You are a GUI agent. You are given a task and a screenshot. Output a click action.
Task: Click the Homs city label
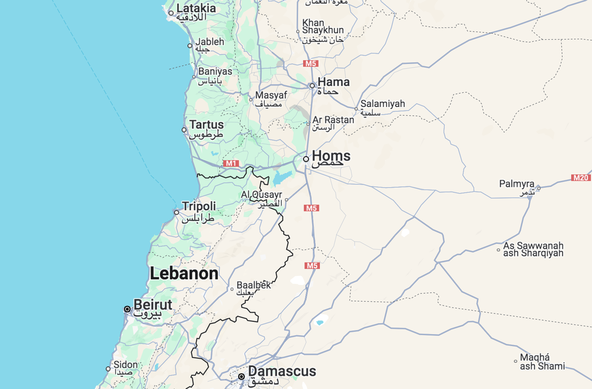click(x=331, y=156)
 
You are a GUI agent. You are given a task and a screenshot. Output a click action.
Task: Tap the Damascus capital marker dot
click(x=241, y=376)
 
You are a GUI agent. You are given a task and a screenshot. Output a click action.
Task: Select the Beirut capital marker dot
click(x=127, y=309)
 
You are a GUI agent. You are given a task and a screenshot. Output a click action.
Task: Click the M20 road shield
click(x=581, y=178)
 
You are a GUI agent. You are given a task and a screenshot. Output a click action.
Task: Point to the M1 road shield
click(x=231, y=163)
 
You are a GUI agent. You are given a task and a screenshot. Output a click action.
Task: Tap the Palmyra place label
click(x=516, y=184)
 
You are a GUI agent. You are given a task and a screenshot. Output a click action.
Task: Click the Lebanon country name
click(x=184, y=273)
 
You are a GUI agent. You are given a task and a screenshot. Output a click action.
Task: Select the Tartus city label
click(x=206, y=125)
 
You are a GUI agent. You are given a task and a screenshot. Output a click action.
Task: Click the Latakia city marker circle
click(x=171, y=13)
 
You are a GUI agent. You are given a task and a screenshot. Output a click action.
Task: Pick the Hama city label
click(x=333, y=82)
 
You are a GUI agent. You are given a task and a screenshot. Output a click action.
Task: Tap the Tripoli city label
click(x=199, y=206)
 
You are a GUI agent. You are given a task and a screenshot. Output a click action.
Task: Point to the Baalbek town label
click(x=254, y=285)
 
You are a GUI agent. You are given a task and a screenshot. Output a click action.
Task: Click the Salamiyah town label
click(x=383, y=104)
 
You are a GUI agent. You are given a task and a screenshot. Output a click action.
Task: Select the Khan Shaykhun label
click(x=322, y=27)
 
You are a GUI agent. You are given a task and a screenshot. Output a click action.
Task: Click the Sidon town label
click(x=125, y=365)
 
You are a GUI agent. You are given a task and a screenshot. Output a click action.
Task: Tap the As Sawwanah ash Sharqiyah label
click(x=533, y=249)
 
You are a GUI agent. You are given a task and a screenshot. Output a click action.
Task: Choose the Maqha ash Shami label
click(x=542, y=362)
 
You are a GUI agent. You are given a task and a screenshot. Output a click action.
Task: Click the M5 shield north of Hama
click(x=311, y=63)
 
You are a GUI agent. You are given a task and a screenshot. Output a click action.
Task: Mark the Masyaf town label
click(x=271, y=95)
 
